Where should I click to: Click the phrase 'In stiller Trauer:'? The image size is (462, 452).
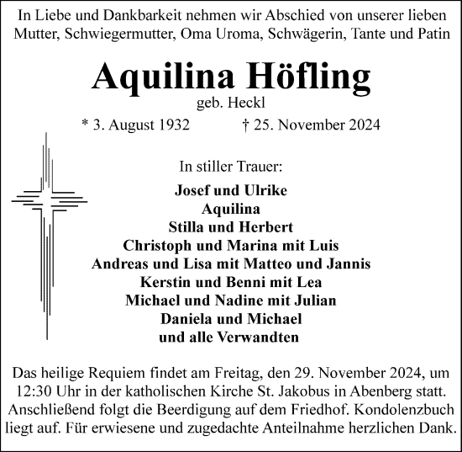(x=231, y=165)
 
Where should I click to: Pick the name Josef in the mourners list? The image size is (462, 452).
(x=192, y=190)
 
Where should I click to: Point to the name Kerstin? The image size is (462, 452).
(x=166, y=283)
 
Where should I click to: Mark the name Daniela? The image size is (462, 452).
(x=186, y=320)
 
